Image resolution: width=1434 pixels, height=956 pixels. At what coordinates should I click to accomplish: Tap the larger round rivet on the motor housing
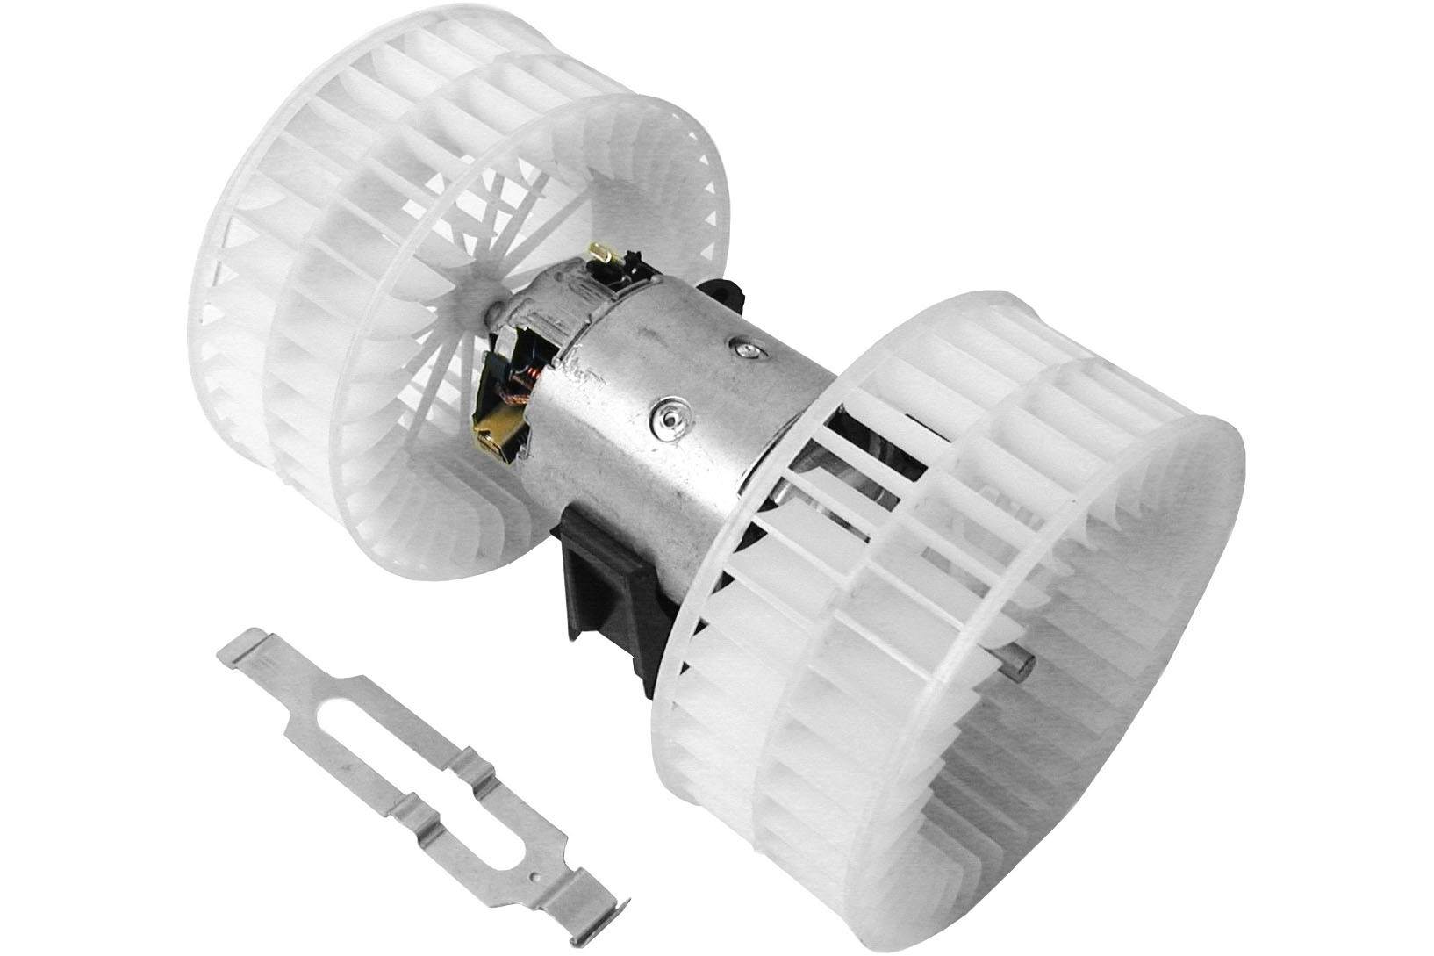tap(670, 415)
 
